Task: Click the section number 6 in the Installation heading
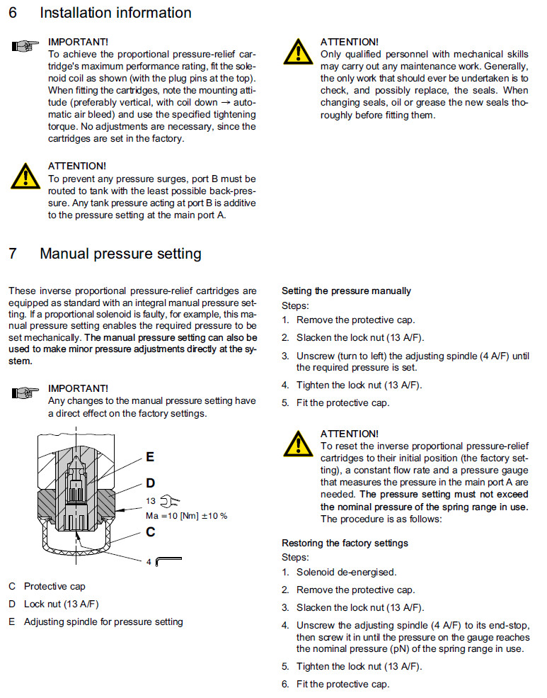click(12, 13)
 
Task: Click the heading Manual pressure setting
click(120, 254)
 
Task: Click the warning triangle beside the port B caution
click(25, 176)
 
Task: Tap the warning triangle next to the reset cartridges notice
click(299, 443)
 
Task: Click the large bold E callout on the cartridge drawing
click(150, 457)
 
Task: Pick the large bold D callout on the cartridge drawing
click(150, 483)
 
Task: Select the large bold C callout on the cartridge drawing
click(150, 532)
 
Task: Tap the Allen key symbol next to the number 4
click(168, 561)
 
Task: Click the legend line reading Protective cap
click(54, 587)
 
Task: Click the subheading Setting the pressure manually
click(346, 291)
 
